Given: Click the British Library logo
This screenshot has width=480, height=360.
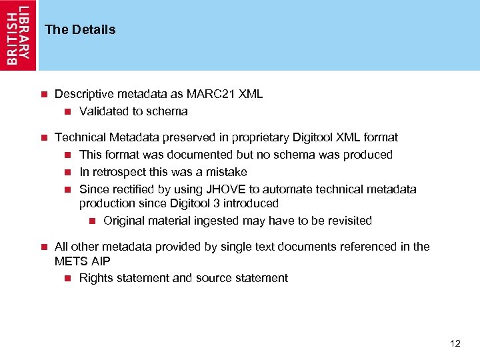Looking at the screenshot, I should (18, 35).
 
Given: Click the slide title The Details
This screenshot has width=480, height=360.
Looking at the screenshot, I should (80, 29).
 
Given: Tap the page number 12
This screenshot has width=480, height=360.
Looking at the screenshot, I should (455, 343).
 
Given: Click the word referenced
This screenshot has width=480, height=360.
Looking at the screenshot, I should (367, 247).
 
